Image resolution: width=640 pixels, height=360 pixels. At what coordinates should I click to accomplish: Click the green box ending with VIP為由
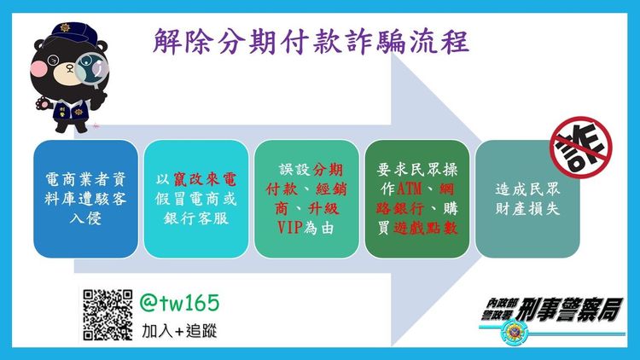point(306,199)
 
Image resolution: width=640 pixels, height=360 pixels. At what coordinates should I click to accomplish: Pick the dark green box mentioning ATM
point(416,199)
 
